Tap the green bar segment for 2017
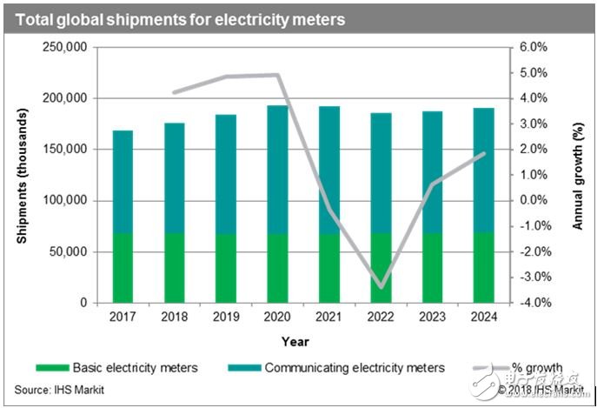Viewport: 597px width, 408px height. coord(123,268)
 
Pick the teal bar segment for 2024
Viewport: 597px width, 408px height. coord(484,171)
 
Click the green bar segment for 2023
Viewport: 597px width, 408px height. coord(432,268)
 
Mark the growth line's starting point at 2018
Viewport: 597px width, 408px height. coord(175,91)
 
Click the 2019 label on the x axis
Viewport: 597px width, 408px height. coord(226,318)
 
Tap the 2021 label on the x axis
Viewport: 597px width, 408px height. coord(329,318)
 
